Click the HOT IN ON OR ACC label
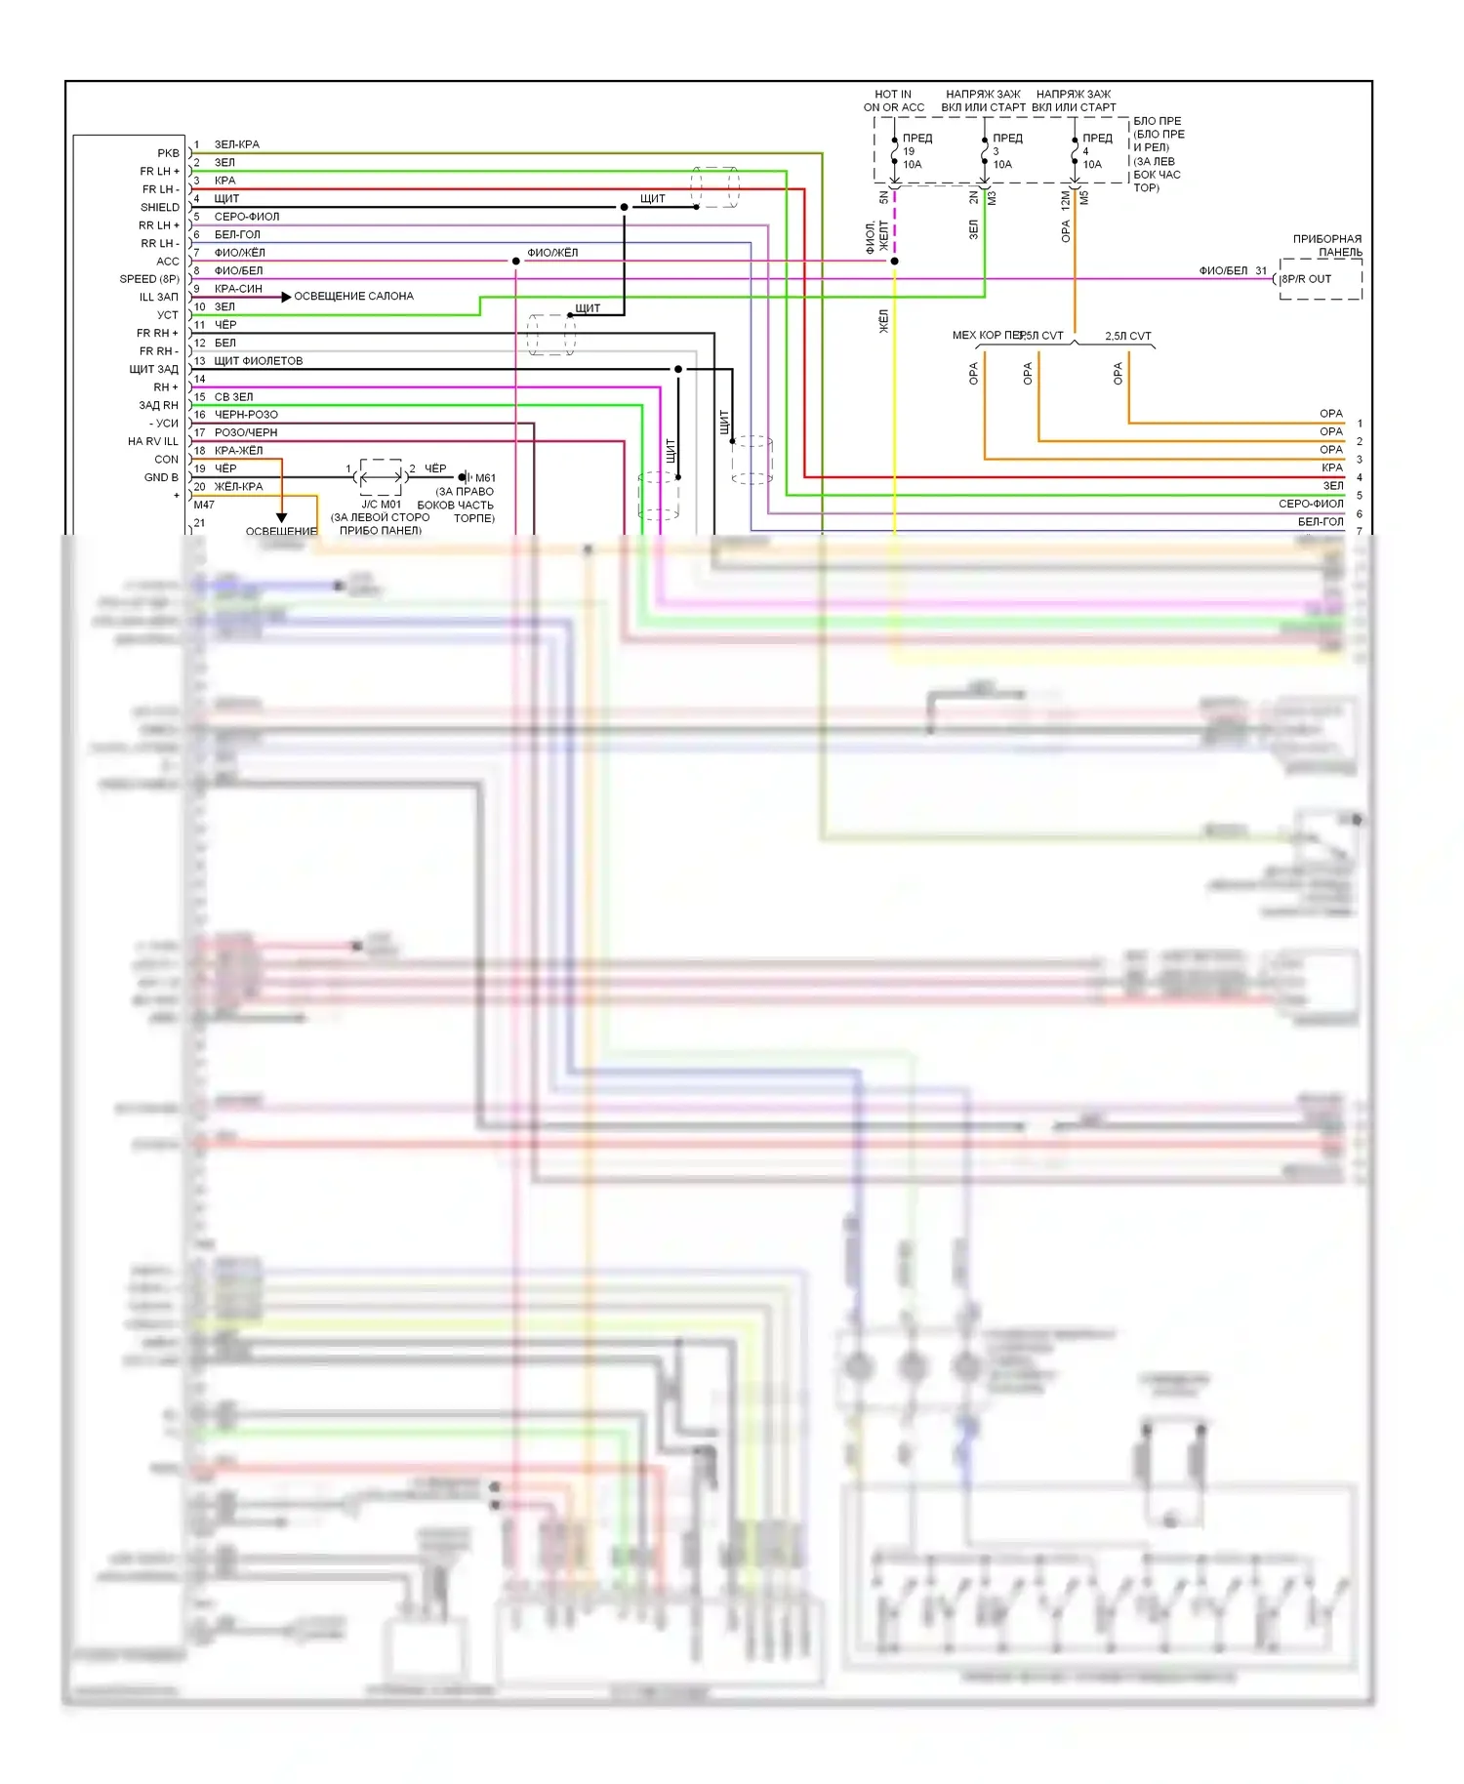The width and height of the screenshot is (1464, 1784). tap(893, 101)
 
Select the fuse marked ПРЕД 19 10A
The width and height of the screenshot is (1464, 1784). tap(895, 151)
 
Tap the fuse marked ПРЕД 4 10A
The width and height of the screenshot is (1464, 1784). tap(1075, 151)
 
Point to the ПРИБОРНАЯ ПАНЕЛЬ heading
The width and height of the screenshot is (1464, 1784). tap(1326, 245)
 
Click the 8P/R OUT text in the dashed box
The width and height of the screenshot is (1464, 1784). tap(1306, 279)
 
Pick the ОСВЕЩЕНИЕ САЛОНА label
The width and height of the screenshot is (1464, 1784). tap(353, 296)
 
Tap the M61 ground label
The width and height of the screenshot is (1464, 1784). tap(485, 478)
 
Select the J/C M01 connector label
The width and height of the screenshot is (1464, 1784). tap(381, 505)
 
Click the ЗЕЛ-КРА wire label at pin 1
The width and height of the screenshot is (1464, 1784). tap(236, 144)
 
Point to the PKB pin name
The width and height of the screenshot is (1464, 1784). tap(168, 153)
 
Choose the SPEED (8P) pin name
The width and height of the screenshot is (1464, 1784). tap(149, 279)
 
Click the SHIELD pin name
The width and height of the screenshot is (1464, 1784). tap(160, 207)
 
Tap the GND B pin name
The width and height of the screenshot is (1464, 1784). tap(161, 477)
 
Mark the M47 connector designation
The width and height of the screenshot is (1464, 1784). tap(204, 505)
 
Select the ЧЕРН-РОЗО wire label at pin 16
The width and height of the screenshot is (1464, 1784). tap(246, 415)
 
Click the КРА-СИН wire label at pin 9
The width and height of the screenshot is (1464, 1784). tap(238, 289)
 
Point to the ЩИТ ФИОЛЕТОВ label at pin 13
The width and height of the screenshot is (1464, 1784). tap(258, 361)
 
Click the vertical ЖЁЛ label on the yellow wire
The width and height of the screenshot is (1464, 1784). tap(884, 321)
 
